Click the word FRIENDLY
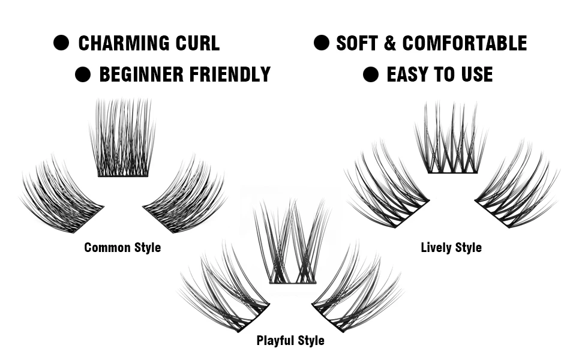click(x=229, y=74)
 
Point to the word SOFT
click(x=358, y=43)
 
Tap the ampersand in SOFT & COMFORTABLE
click(x=391, y=43)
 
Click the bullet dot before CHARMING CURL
click(x=61, y=43)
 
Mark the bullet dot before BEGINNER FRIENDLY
click(x=82, y=74)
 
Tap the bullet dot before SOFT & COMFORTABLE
click(x=322, y=43)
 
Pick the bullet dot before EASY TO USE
click(x=371, y=74)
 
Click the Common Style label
click(x=122, y=247)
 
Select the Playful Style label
click(x=290, y=341)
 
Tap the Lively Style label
click(x=451, y=247)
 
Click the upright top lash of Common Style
click(x=123, y=141)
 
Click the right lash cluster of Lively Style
click(x=516, y=189)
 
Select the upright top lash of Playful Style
click(x=292, y=246)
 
